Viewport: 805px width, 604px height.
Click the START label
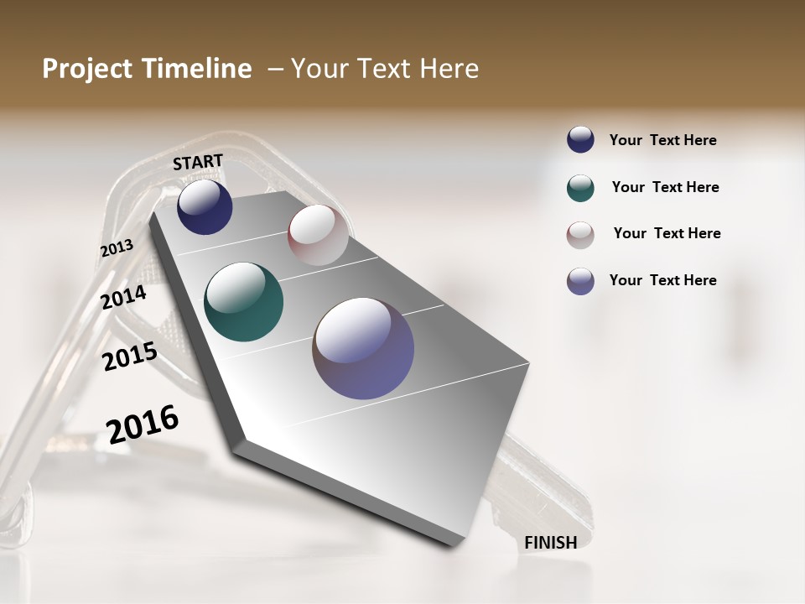[x=198, y=162]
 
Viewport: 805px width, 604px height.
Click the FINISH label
[x=550, y=543]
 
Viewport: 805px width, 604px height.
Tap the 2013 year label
[x=117, y=248]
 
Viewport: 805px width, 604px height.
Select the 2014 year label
[x=123, y=297]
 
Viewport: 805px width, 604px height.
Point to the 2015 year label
[x=129, y=357]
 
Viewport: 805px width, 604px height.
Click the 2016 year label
[x=143, y=424]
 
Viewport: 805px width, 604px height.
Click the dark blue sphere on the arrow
[x=205, y=207]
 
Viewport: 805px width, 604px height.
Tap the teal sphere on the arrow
[x=243, y=302]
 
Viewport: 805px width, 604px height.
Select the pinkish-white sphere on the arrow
[x=318, y=235]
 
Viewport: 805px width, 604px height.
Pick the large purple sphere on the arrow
[x=363, y=348]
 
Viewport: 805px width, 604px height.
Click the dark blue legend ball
[x=580, y=139]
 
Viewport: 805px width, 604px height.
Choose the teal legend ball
[x=580, y=188]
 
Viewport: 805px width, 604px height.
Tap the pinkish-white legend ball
[x=580, y=235]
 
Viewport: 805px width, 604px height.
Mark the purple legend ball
[x=580, y=281]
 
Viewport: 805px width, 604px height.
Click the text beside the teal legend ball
[x=665, y=187]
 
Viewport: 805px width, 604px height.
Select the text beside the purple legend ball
[x=662, y=280]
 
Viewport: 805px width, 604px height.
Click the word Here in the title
[x=448, y=69]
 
